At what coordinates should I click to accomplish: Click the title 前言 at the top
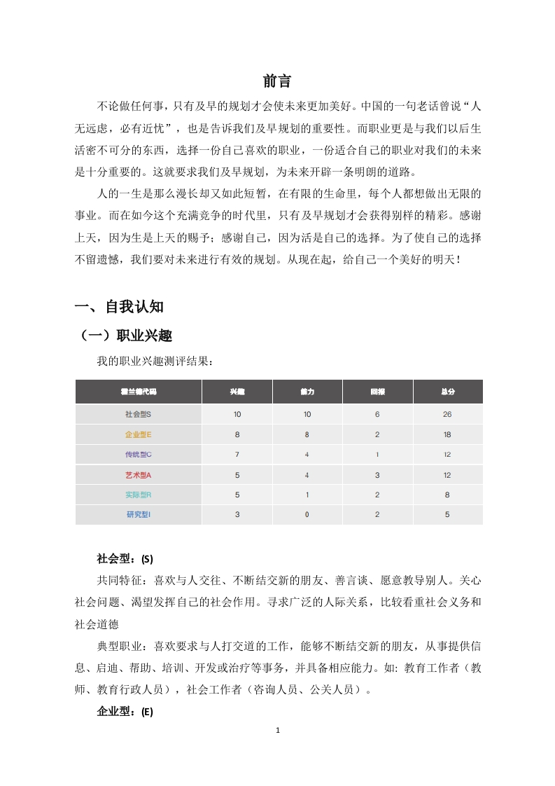277,81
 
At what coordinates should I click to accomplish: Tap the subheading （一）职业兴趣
127,336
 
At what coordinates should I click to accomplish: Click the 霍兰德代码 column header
138,391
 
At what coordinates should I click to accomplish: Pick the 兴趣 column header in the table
237,391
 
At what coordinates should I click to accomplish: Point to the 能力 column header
307,391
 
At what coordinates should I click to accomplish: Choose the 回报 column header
377,391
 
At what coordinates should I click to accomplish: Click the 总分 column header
448,391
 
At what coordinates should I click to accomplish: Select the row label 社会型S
138,414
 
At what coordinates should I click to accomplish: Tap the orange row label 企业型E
138,434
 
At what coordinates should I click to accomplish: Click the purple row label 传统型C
138,455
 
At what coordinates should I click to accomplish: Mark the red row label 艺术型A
138,475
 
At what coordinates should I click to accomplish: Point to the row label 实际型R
138,495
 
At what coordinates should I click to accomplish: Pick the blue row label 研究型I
138,515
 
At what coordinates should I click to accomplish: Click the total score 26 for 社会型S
448,414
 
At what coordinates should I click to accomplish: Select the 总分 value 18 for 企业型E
448,434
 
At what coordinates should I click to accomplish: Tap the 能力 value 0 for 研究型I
307,515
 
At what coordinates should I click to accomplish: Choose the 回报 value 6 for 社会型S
377,414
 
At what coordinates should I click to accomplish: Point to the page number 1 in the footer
278,750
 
